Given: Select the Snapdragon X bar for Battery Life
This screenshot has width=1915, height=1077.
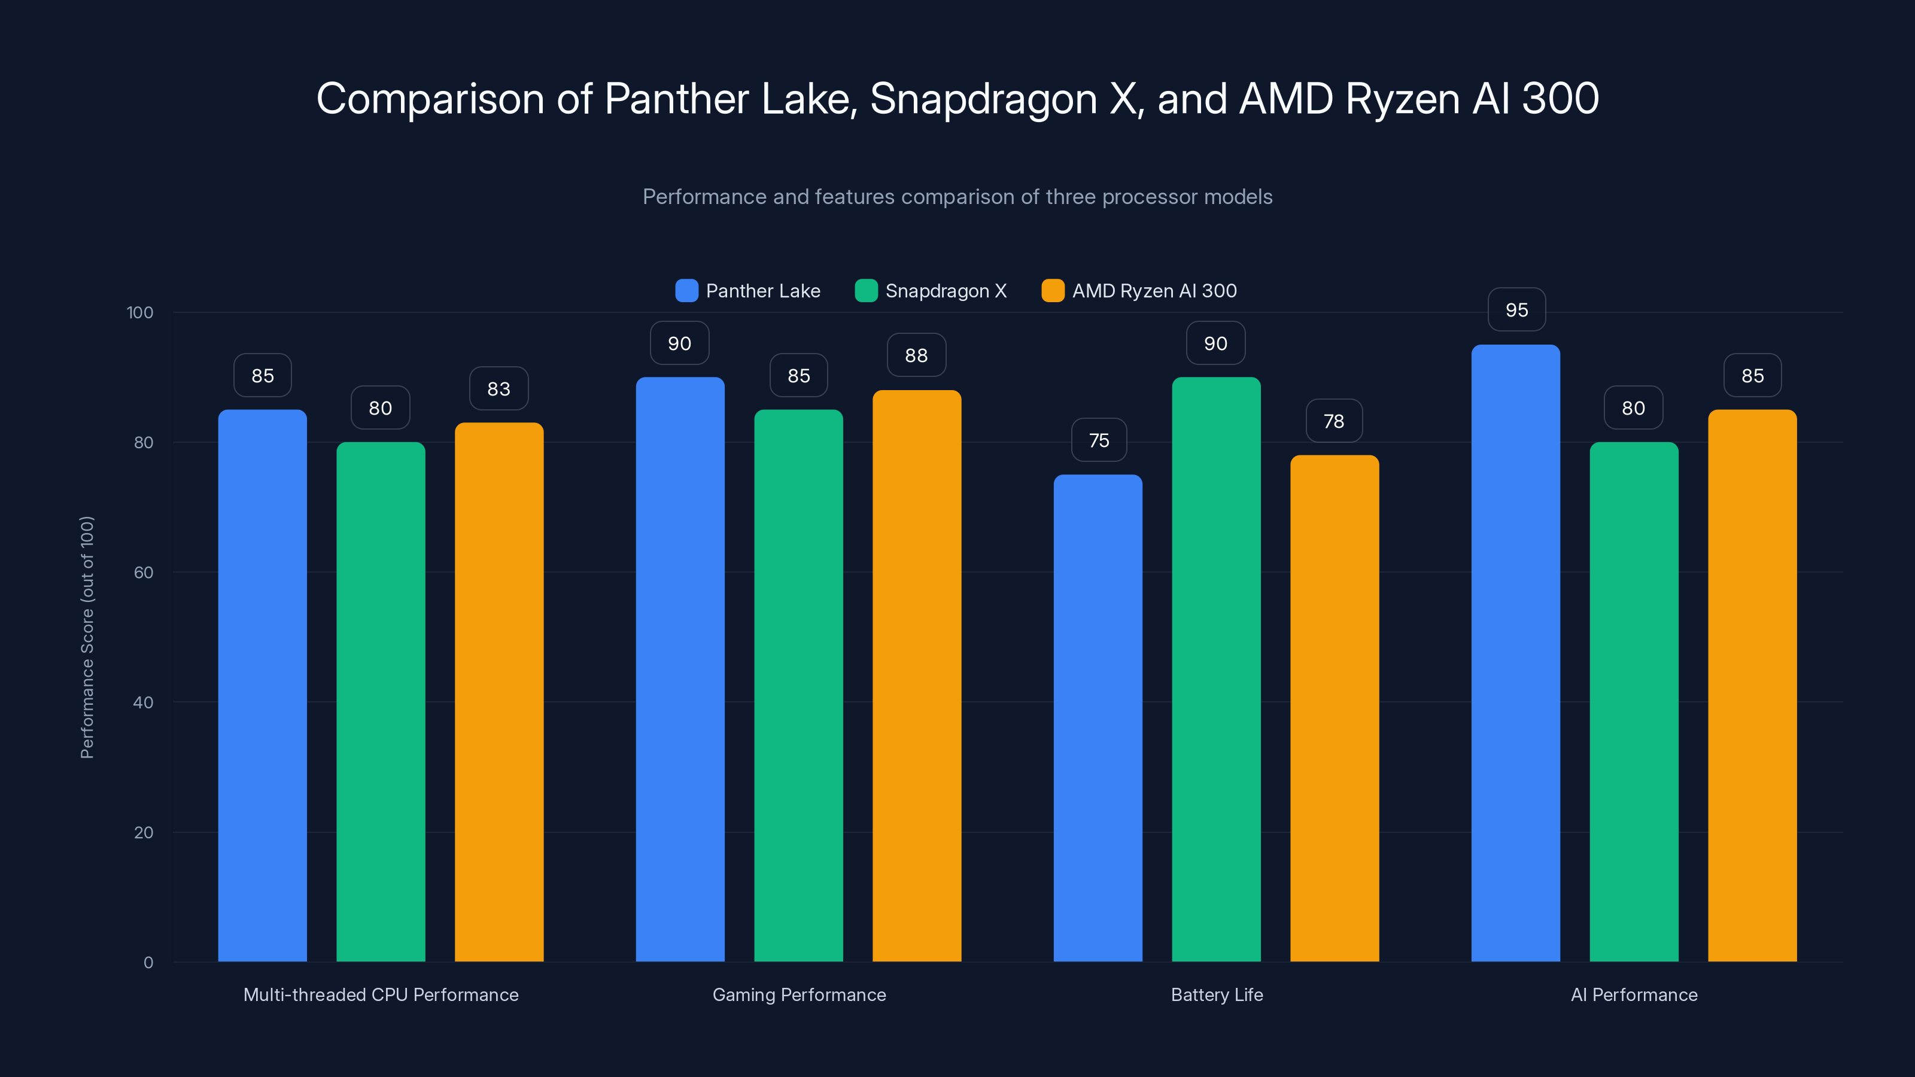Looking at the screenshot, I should point(1216,669).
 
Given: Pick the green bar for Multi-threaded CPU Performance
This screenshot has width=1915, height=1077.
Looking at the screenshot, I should point(381,702).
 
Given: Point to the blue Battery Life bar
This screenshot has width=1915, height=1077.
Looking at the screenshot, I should point(1098,718).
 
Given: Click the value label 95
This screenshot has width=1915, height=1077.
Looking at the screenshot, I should point(1516,310).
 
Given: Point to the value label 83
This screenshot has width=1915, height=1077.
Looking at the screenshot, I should point(499,389).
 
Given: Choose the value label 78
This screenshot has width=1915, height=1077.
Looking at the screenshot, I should point(1334,421).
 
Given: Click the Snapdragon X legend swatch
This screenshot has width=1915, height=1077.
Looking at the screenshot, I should point(866,291).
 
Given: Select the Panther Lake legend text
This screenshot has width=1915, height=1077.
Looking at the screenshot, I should point(763,291).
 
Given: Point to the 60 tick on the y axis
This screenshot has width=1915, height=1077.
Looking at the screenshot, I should point(144,573).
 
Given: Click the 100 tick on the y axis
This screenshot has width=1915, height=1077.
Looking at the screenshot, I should point(140,312).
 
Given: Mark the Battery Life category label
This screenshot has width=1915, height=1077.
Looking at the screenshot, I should point(1216,994).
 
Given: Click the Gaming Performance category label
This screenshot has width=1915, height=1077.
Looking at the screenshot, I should point(799,994).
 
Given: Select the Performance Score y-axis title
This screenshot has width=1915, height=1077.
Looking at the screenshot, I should point(87,637).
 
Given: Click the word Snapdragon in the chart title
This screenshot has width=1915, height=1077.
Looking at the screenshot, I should point(983,99).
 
